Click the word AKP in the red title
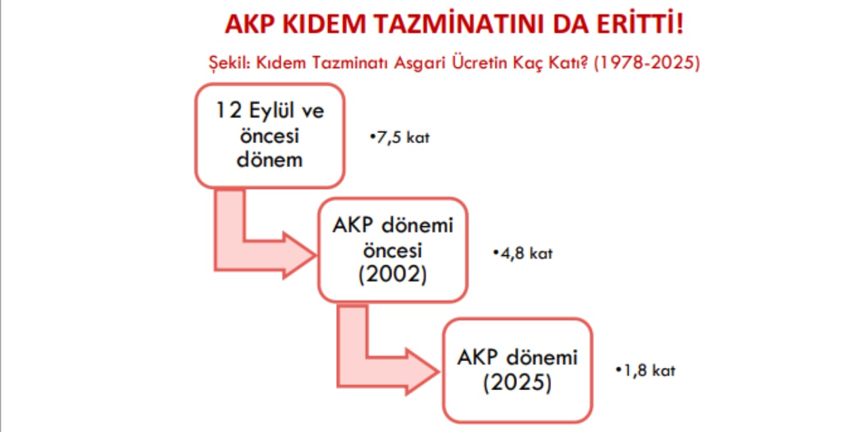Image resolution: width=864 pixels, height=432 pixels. point(249,24)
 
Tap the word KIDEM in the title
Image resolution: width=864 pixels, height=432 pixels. point(324,24)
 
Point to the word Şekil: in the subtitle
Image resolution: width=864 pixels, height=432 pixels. point(230,63)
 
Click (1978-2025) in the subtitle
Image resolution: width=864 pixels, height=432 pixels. point(647,63)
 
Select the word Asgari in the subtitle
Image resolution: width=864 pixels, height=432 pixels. point(420,63)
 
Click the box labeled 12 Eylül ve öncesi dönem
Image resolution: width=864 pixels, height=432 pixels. point(269,136)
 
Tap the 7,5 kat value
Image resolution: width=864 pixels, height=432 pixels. point(400,137)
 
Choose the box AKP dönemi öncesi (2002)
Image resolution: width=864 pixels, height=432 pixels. point(393,250)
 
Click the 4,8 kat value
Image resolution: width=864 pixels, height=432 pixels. point(523,253)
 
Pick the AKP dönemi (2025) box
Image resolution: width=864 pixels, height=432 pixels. point(518,371)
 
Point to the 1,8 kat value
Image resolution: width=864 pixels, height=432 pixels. point(646,371)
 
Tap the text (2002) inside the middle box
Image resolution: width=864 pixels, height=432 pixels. point(393,275)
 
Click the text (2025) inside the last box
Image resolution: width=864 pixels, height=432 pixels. point(518,383)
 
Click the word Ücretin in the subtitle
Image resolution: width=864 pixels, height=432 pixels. point(479,63)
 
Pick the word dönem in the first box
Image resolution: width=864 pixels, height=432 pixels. point(269,159)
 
